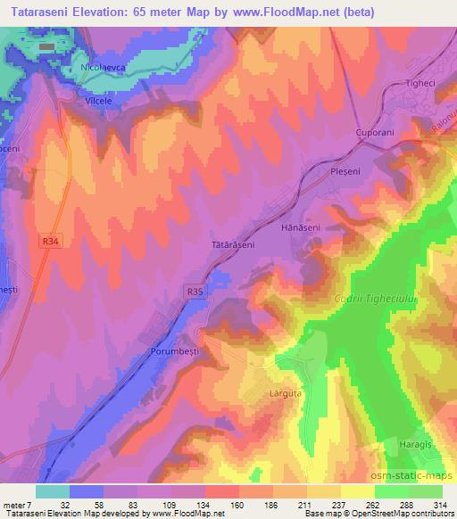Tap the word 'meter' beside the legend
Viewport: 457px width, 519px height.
click(x=13, y=504)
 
